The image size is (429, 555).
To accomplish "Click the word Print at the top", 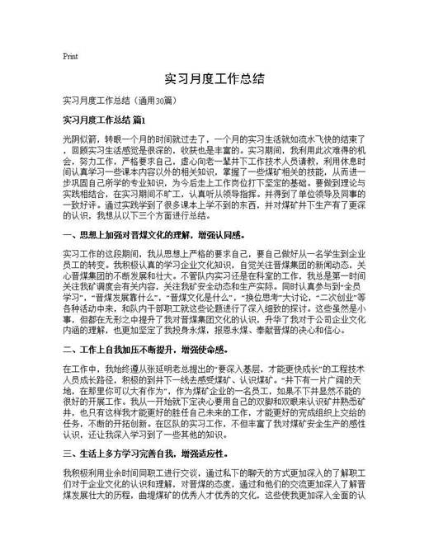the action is click(70, 57).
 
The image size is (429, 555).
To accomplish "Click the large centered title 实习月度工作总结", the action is click(214, 80).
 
